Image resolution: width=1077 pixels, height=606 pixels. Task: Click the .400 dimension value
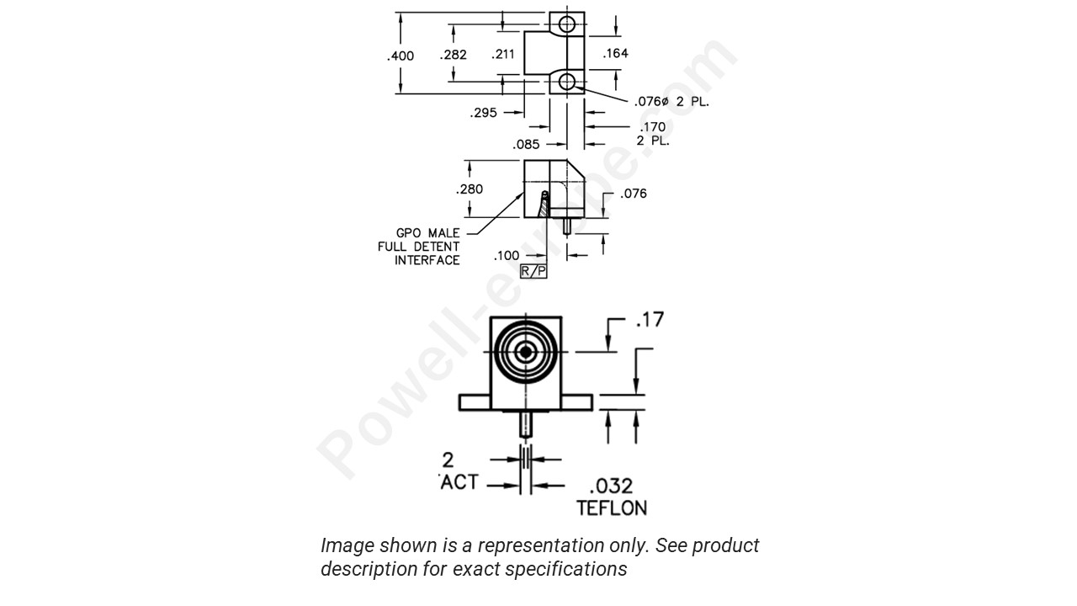click(401, 56)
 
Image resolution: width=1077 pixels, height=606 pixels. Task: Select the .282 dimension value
click(453, 56)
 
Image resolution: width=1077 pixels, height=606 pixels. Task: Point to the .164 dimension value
click(615, 53)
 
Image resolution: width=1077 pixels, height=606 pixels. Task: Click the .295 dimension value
click(483, 113)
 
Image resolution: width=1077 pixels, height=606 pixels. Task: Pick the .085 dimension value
click(526, 144)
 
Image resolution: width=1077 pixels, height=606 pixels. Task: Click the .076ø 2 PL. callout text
click(671, 102)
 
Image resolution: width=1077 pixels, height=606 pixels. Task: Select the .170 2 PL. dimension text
click(652, 134)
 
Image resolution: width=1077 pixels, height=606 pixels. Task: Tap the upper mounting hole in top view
click(567, 23)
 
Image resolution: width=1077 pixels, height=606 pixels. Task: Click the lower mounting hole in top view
click(567, 82)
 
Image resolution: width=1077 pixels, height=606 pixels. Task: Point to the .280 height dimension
click(469, 189)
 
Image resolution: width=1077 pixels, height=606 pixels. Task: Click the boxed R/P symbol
click(533, 271)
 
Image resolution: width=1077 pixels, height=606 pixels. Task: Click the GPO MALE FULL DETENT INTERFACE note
click(428, 247)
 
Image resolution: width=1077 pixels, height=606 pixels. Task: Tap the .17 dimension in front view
click(649, 320)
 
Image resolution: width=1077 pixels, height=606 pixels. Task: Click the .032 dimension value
click(611, 486)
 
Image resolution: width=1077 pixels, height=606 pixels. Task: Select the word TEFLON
click(612, 508)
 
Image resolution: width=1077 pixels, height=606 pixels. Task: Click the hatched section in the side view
click(544, 205)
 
